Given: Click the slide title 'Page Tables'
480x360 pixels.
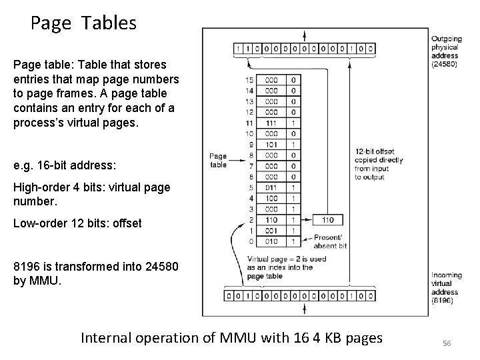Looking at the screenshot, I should [x=83, y=23].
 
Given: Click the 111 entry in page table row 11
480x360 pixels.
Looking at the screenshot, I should [x=271, y=123].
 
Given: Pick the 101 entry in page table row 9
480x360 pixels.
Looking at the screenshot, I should [x=271, y=143].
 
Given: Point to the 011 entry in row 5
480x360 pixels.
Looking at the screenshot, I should [x=271, y=188].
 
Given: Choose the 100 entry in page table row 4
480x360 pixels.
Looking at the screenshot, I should [x=271, y=198].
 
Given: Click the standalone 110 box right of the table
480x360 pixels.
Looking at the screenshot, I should [x=327, y=219].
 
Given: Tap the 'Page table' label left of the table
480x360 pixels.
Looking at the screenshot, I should [x=218, y=161].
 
